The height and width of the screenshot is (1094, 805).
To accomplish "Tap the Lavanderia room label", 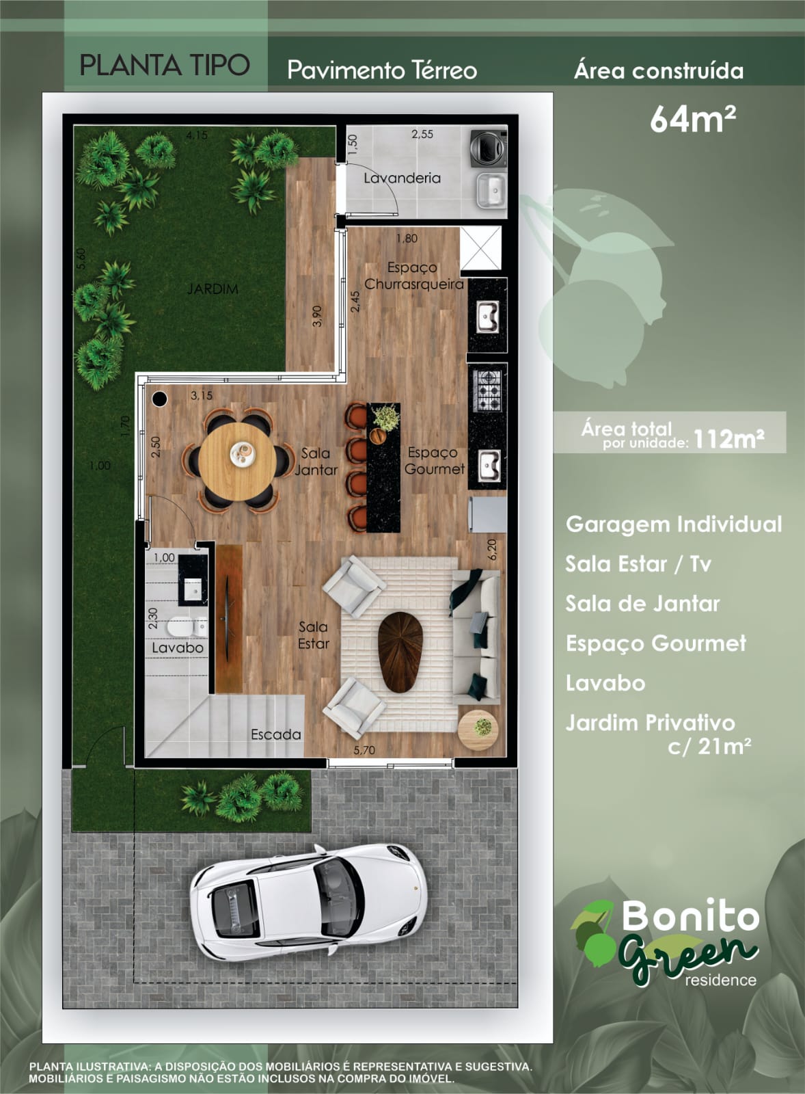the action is click(x=402, y=178).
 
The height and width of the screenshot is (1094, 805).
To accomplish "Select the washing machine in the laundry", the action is click(x=488, y=148).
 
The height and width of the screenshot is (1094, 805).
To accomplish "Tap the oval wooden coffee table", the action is click(x=400, y=652).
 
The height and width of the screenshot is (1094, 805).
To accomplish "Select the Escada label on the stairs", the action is click(x=276, y=734).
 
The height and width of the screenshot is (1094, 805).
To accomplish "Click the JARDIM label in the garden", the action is click(x=213, y=289).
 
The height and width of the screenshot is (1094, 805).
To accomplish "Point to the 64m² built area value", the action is click(x=693, y=119).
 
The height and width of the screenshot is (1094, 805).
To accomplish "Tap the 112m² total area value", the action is click(x=728, y=439).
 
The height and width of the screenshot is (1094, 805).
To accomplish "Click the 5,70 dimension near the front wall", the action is click(x=364, y=750).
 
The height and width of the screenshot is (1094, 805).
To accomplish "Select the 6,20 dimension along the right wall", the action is click(x=491, y=550).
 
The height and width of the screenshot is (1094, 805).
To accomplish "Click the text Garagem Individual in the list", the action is click(x=674, y=524).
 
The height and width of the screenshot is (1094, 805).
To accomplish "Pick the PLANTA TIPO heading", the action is click(x=165, y=65).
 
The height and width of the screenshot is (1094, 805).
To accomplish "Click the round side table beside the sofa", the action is click(x=478, y=729).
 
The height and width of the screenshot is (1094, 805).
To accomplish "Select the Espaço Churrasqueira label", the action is click(x=414, y=276).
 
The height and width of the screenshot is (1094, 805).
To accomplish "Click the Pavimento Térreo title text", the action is click(x=382, y=70).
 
